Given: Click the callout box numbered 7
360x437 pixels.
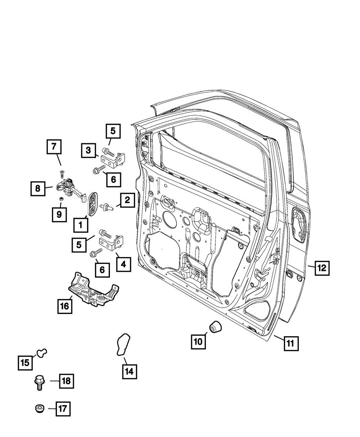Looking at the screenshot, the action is [54, 147].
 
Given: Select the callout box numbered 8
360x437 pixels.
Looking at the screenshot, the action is [38, 188].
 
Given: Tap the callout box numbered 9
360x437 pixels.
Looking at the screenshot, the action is [59, 215].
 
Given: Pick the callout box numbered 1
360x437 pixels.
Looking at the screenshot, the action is [80, 225].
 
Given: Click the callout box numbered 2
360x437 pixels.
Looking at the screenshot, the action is [127, 200].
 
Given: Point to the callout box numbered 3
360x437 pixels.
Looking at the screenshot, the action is [88, 150].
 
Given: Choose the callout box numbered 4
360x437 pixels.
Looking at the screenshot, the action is [123, 265].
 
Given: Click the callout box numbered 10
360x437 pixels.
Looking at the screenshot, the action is [198, 341].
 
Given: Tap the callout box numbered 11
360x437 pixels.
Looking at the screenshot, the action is [291, 343].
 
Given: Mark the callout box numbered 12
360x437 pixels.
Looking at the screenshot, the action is [322, 267].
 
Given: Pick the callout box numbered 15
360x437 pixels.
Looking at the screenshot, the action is [25, 362].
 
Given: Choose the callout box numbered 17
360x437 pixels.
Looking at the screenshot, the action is [63, 409].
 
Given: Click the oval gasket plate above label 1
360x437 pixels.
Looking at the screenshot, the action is [92, 204].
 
